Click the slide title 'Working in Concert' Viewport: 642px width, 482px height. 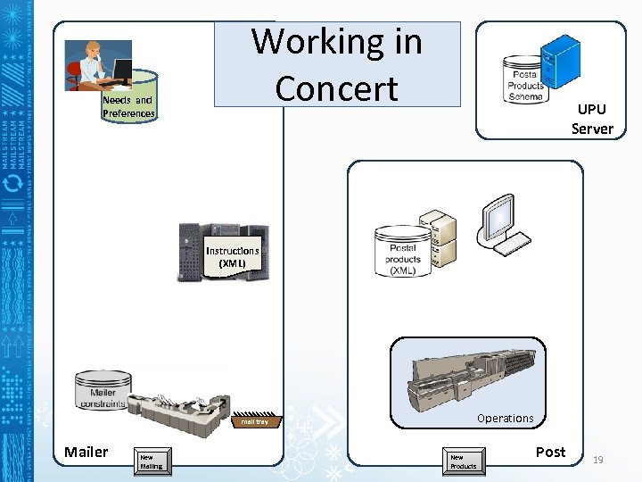[x=336, y=64]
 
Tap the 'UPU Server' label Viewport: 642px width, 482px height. [x=592, y=119]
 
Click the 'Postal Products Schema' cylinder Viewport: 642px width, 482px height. [x=525, y=81]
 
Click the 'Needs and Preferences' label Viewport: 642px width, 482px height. [x=128, y=107]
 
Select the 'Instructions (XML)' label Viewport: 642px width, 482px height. [x=232, y=257]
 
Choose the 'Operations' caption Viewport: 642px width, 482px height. [x=505, y=418]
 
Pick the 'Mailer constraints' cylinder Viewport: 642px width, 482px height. [x=103, y=392]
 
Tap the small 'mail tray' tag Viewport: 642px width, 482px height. [x=255, y=421]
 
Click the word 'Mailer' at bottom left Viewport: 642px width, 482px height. [x=86, y=452]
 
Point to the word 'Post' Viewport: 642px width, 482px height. [x=550, y=452]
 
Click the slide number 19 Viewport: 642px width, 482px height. [x=598, y=460]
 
